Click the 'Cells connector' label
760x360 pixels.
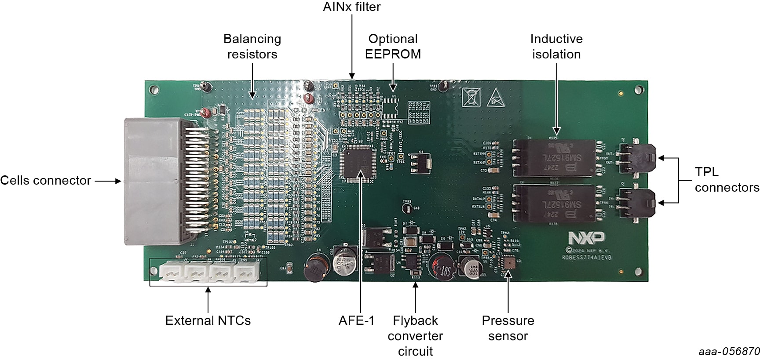[x=45, y=180]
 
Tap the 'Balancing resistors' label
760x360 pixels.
[x=252, y=46]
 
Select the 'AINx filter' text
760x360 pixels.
[x=351, y=7]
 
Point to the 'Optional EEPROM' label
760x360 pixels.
[x=393, y=46]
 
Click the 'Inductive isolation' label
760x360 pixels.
[x=556, y=46]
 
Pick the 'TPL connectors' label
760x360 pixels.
[x=727, y=179]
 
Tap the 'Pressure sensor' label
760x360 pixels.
[x=508, y=328]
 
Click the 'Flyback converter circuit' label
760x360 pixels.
[x=415, y=335]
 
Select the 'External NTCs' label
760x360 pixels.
[x=208, y=320]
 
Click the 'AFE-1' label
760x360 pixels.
[x=356, y=320]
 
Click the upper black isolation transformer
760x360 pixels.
[x=555, y=158]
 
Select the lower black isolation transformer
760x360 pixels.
[x=555, y=204]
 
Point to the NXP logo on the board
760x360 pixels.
[x=586, y=238]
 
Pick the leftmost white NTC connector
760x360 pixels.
[x=172, y=272]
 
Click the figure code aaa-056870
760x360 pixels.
[x=729, y=352]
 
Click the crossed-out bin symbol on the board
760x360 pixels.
[x=471, y=97]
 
